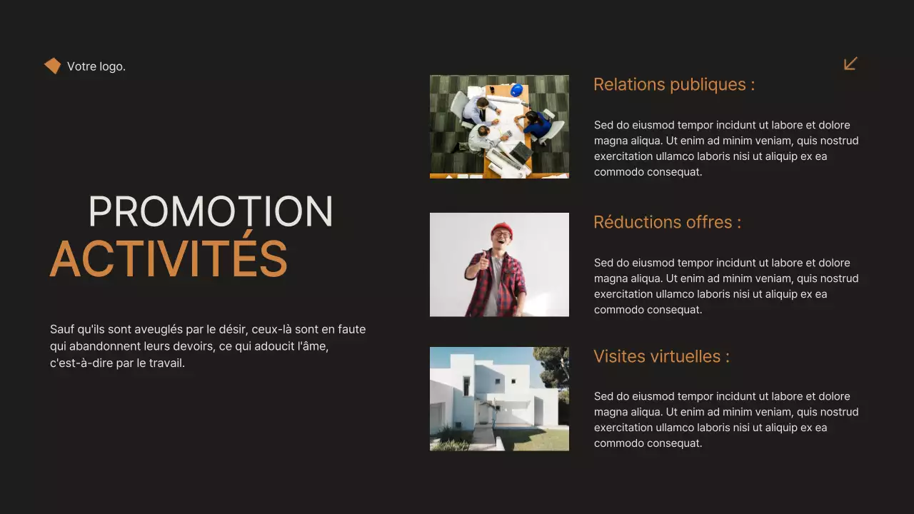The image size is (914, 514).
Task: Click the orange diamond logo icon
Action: coord(52,66)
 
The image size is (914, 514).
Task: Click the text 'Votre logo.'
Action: coord(96,66)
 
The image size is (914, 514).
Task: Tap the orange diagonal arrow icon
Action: coord(850,64)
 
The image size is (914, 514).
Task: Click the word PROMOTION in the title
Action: coord(211,212)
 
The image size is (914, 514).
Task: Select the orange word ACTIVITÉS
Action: coord(169,258)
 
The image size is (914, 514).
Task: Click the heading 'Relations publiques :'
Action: coord(673,84)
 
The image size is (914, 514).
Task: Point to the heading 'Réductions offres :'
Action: coord(667,222)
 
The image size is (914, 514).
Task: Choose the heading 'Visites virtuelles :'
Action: coord(661,356)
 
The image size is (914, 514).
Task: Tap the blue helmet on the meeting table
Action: coord(516,89)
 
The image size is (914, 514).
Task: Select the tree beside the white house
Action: coord(555,368)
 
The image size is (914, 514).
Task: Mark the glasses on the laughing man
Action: coord(502,234)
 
